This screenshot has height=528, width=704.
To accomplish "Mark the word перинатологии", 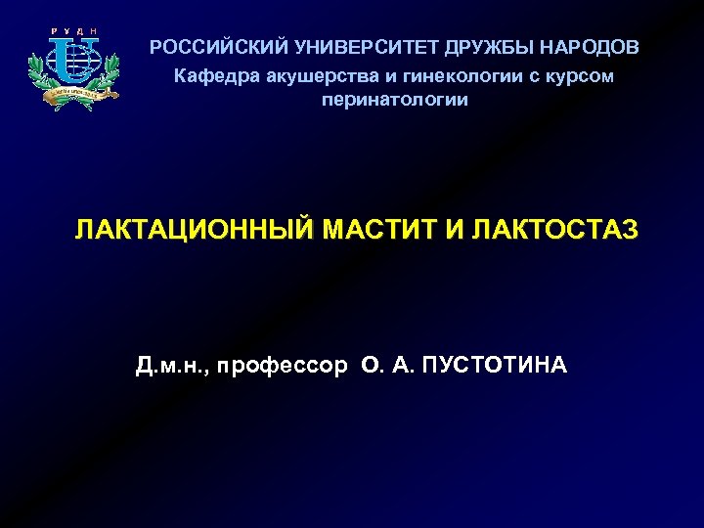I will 395,100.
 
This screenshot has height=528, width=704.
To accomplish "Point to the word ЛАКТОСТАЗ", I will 554,231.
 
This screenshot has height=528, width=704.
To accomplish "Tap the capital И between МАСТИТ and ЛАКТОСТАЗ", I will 456,231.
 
